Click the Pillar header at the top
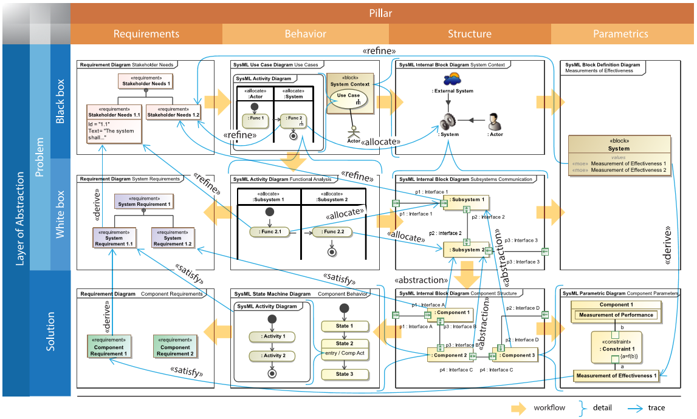click(380, 13)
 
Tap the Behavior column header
click(305, 34)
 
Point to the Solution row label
click(51, 332)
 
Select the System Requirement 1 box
click(144, 202)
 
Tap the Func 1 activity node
click(255, 120)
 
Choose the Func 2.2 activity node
click(332, 232)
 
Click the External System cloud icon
click(452, 79)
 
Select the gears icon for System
click(448, 121)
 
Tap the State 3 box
click(344, 374)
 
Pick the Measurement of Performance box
click(616, 315)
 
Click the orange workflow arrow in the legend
click(518, 409)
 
